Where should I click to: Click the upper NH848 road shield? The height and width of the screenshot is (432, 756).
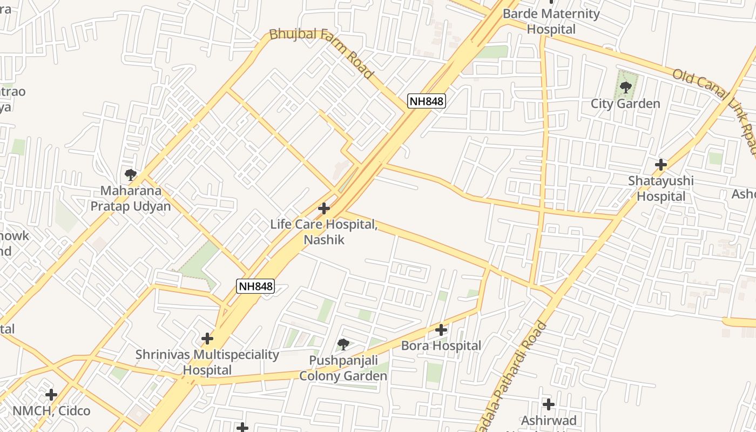tap(426, 101)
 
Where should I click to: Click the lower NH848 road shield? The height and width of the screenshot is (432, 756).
tap(255, 286)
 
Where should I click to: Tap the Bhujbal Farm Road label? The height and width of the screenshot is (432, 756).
tap(321, 53)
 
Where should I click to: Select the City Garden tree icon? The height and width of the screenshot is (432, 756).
tap(626, 87)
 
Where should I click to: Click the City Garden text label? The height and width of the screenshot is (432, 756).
tap(625, 104)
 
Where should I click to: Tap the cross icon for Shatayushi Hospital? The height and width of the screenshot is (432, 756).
tap(660, 165)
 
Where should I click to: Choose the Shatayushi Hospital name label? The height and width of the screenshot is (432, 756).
tap(660, 188)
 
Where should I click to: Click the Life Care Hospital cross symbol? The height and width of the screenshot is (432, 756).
tap(324, 208)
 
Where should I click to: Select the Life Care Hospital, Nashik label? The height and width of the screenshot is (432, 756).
tap(324, 232)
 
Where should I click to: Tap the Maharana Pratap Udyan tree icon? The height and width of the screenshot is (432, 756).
tap(130, 174)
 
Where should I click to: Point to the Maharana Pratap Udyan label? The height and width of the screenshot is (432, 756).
tap(130, 198)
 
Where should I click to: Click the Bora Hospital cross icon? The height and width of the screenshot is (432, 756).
tap(441, 329)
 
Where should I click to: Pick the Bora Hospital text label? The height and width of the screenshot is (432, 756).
tap(441, 346)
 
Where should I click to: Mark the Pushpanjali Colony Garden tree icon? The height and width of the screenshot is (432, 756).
tap(343, 344)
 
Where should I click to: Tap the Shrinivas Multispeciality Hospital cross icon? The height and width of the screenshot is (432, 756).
tap(207, 339)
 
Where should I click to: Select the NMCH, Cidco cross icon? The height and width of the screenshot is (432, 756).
tap(51, 395)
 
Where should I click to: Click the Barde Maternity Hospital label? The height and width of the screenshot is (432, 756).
tap(551, 21)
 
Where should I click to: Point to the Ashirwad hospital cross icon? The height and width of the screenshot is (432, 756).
tap(549, 404)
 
